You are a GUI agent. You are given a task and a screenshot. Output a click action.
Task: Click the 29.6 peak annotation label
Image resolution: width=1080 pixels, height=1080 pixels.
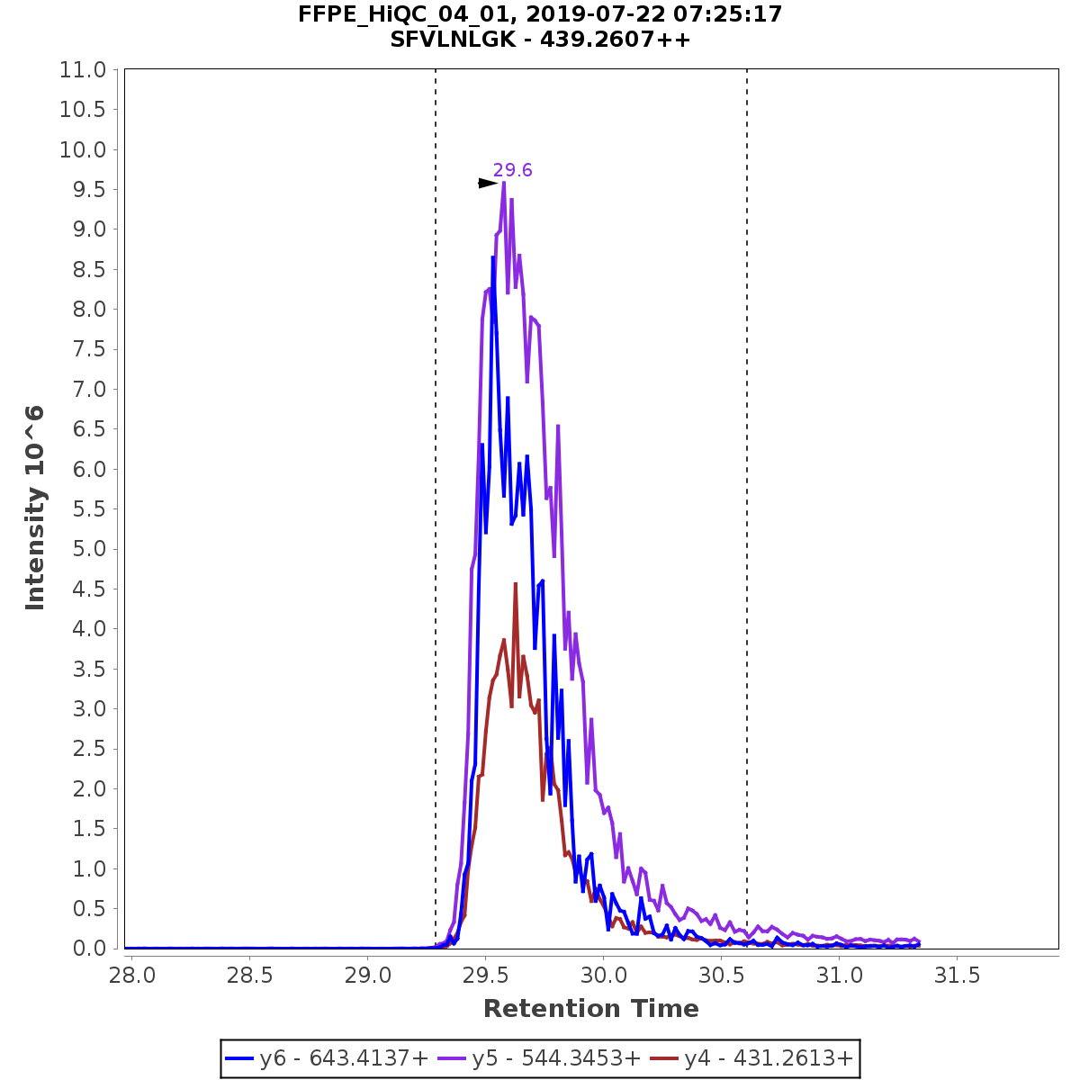click(512, 170)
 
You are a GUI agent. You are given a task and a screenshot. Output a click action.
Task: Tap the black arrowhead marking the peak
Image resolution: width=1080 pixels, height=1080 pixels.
click(487, 184)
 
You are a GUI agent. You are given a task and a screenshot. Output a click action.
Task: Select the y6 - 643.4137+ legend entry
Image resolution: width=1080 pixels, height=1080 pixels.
click(328, 1058)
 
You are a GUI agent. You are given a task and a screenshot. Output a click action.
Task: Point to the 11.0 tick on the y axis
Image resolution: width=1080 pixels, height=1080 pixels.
click(83, 70)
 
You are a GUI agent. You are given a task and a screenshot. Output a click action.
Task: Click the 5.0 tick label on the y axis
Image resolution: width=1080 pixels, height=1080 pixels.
click(83, 549)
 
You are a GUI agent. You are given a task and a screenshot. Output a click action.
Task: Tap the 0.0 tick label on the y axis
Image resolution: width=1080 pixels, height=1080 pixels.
click(83, 949)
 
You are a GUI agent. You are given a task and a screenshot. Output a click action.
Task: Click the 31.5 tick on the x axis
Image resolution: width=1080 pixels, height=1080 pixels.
click(956, 976)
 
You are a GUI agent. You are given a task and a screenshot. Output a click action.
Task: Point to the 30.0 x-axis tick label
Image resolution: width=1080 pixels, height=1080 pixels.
click(603, 976)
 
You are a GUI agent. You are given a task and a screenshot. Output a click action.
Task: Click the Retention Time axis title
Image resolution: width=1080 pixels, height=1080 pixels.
click(590, 1009)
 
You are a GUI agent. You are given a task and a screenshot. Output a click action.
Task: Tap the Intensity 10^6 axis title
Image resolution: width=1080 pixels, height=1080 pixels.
click(35, 508)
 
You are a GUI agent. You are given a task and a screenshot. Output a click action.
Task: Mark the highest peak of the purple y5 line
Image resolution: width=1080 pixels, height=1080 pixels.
click(503, 183)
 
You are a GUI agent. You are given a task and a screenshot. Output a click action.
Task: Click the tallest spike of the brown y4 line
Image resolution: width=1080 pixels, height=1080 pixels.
click(515, 584)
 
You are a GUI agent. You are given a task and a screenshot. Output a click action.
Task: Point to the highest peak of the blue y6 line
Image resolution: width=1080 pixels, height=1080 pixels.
click(492, 257)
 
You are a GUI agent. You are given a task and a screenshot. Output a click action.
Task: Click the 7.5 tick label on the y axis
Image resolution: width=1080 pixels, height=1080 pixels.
click(83, 349)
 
